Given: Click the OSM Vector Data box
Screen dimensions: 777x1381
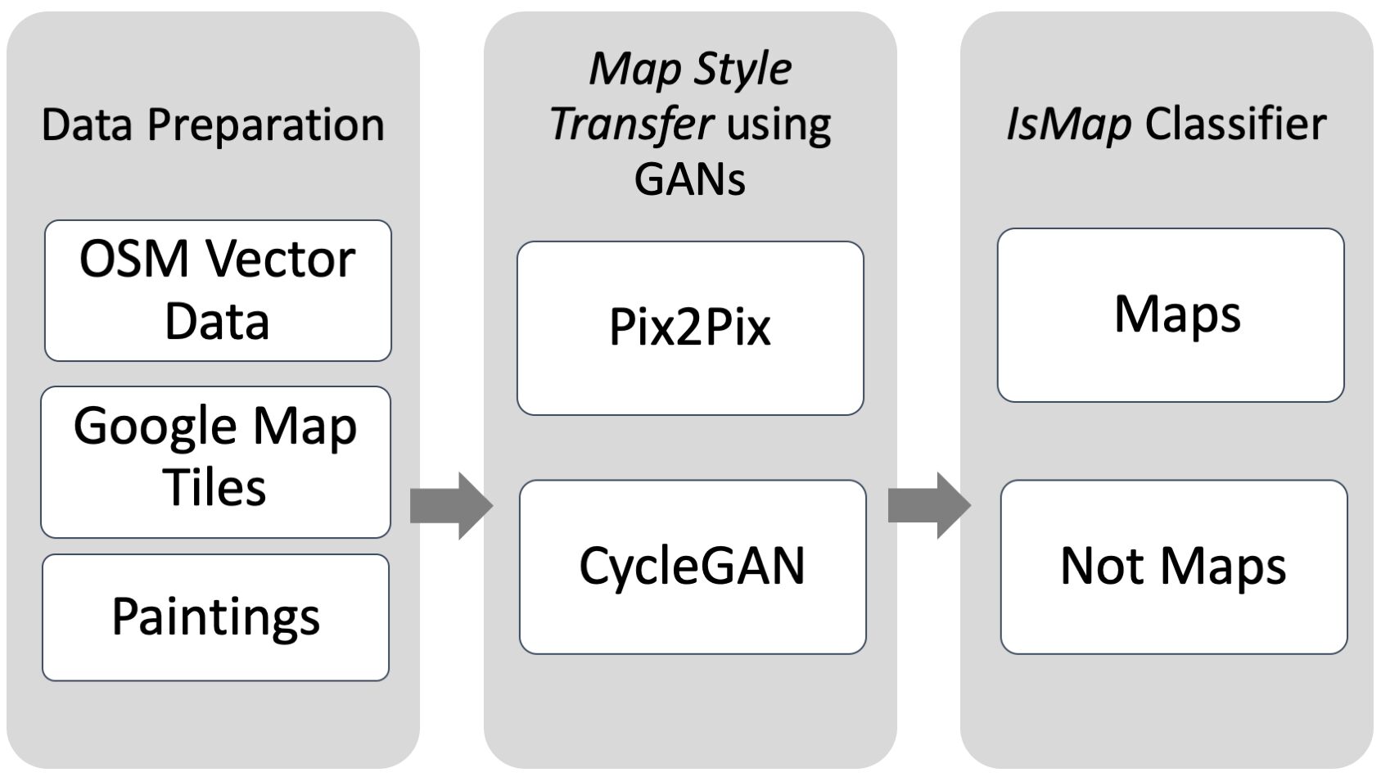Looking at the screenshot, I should tap(217, 290).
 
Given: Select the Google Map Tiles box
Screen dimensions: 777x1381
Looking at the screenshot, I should tap(215, 461).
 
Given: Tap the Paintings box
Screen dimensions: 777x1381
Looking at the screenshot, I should tap(215, 617).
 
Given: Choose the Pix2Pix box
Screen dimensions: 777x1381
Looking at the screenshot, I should tap(690, 328).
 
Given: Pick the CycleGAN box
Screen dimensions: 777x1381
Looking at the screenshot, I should tap(692, 567).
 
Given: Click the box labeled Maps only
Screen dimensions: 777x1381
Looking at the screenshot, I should tap(1170, 315).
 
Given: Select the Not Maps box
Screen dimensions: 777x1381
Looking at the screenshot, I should tap(1173, 567).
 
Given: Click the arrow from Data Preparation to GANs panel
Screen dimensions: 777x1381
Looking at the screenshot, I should tap(450, 505).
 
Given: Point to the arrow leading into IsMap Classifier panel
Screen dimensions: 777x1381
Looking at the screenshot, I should tap(928, 505).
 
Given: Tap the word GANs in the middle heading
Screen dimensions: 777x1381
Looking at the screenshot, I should tap(689, 178).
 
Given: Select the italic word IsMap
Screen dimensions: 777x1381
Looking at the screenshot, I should tap(1068, 124).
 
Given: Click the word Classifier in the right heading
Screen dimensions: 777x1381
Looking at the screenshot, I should tap(1235, 124).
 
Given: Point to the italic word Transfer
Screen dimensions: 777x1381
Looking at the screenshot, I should tap(631, 124).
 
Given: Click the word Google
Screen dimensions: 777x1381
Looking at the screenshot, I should tap(155, 427).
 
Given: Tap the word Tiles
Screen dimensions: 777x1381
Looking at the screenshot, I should tap(214, 488).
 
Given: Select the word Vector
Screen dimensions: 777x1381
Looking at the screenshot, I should tap(280, 260).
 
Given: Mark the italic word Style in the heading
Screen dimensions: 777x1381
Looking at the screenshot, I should tap(742, 70).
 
